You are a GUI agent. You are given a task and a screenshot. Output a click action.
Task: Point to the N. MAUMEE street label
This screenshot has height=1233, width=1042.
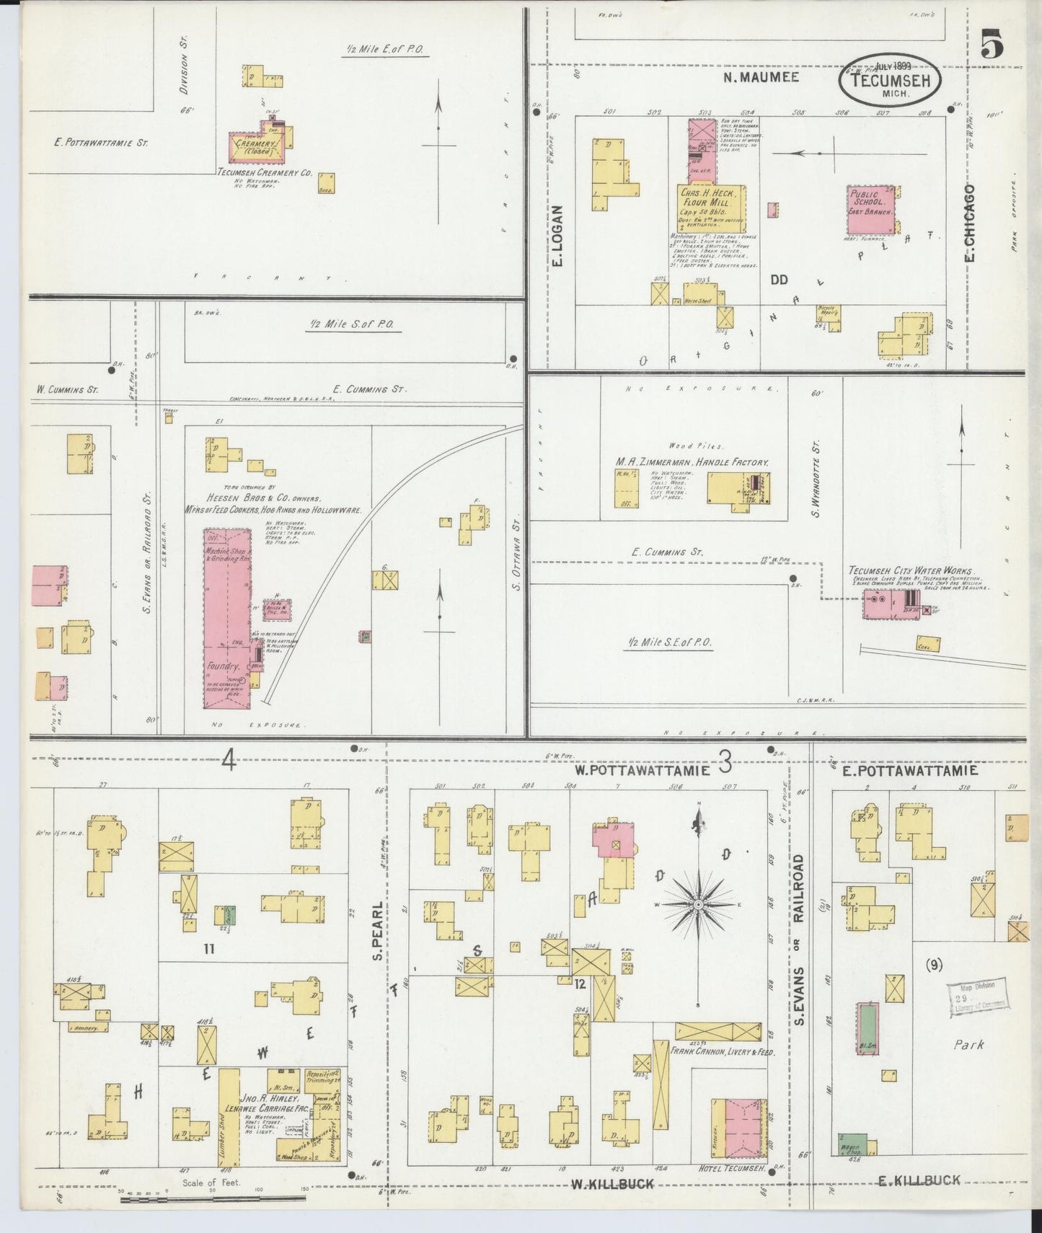[761, 76]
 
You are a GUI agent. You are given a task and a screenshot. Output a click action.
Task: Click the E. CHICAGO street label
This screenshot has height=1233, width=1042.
[970, 224]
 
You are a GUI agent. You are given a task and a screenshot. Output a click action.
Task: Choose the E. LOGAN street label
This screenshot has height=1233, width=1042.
[557, 236]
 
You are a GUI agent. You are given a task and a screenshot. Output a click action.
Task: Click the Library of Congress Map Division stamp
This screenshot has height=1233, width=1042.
[977, 997]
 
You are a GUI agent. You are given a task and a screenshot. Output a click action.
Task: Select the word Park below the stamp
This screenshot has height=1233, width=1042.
[968, 1044]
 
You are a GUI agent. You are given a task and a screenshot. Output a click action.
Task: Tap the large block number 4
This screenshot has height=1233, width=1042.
[229, 761]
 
